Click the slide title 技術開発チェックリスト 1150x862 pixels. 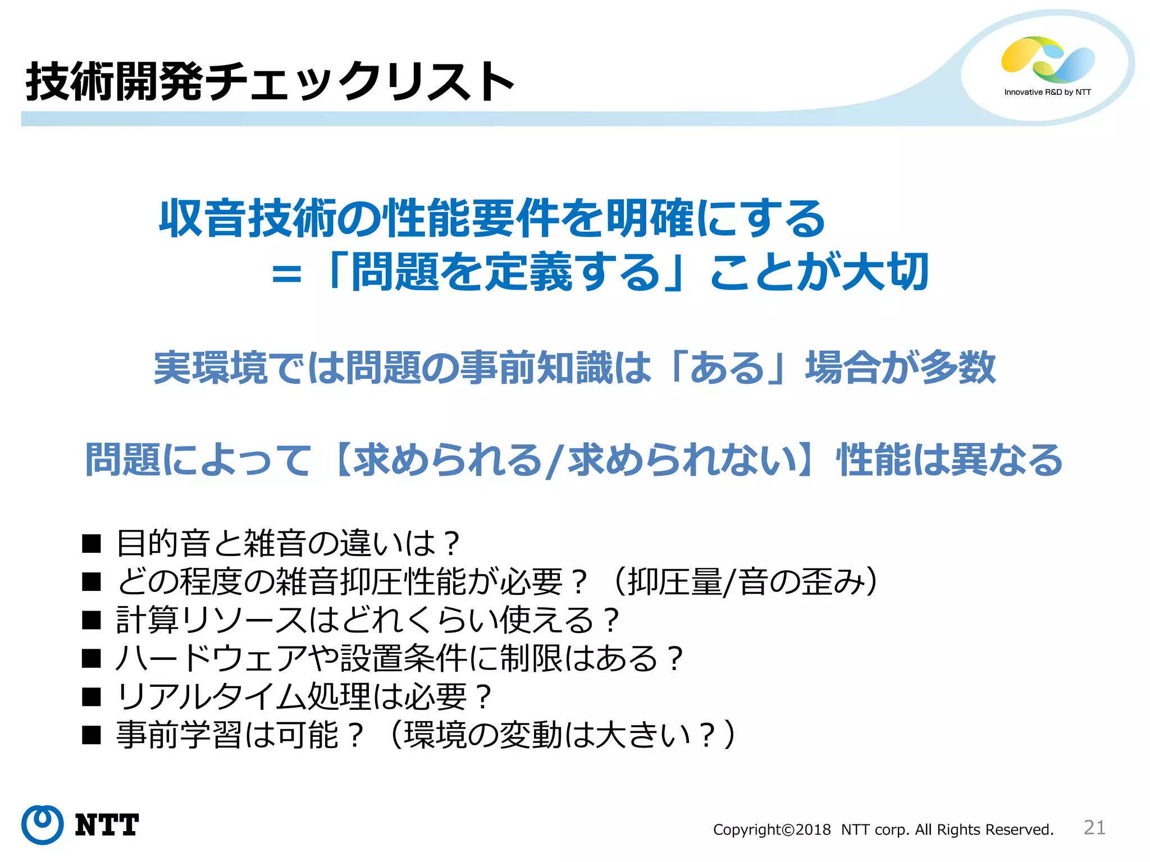coord(270,82)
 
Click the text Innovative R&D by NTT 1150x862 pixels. coord(1047,92)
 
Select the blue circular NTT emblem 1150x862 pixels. coord(42,824)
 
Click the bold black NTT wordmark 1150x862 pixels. coord(107,825)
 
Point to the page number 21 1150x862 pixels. coord(1094,827)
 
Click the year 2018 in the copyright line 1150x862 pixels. coord(813,829)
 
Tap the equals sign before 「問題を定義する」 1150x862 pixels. coord(286,274)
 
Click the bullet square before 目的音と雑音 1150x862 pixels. coord(91,543)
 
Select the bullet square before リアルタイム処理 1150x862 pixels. coord(91,697)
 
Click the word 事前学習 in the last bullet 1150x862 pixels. coord(179,735)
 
